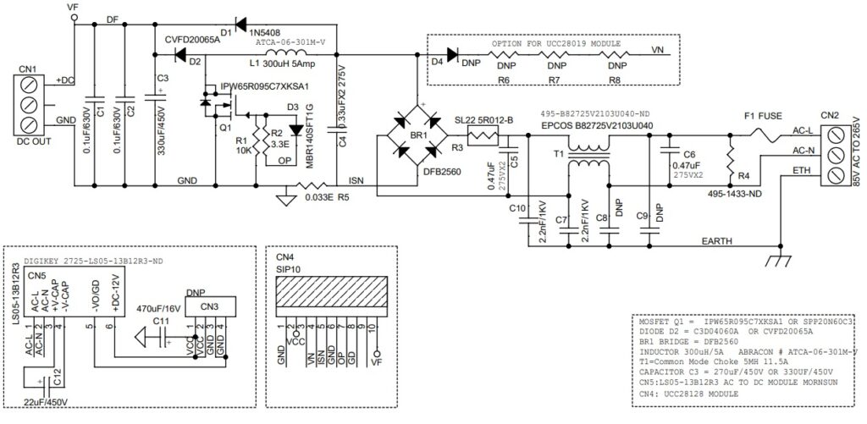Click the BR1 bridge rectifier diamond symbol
coord(415,135)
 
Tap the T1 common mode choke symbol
coord(587,159)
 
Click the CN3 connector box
coord(209,306)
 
